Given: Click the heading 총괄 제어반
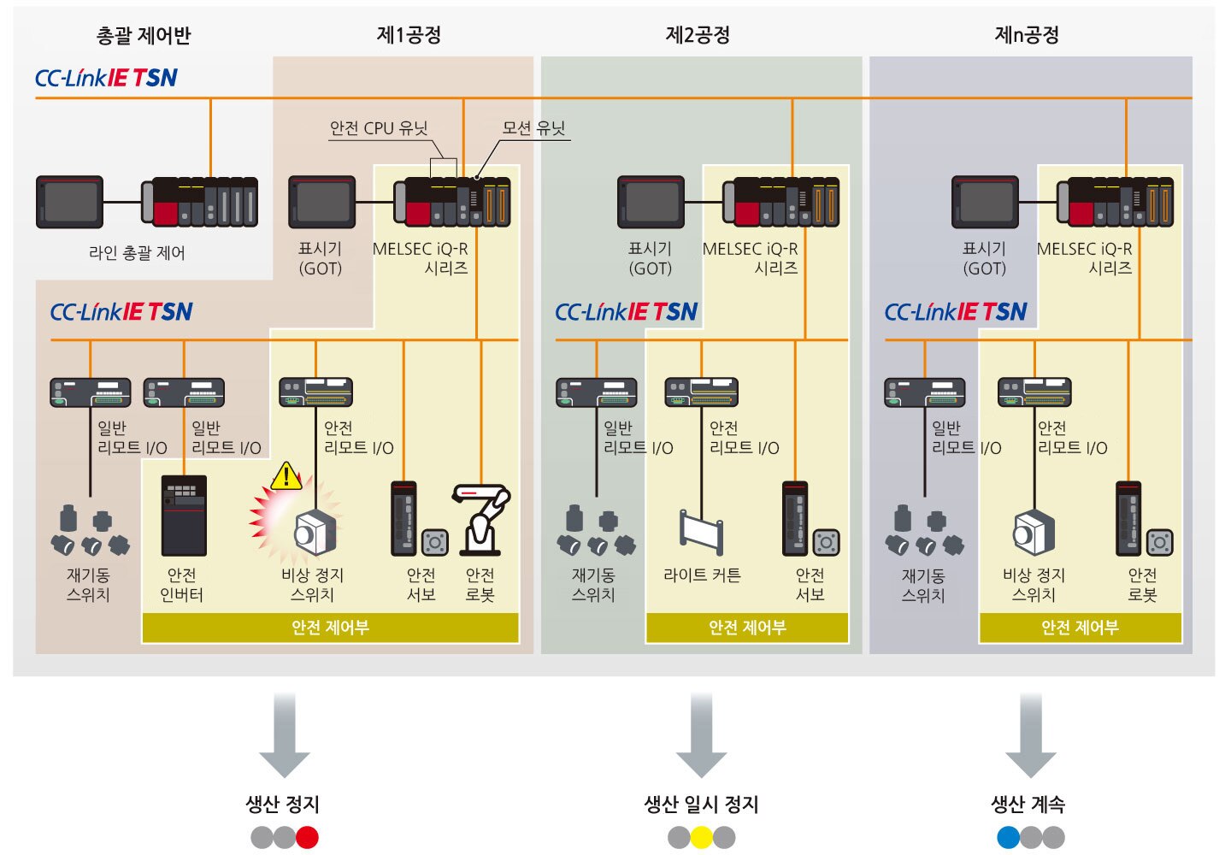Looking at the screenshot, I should tap(144, 36).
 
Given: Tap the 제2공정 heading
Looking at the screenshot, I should tap(698, 35).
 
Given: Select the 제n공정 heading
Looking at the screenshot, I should tap(1027, 35).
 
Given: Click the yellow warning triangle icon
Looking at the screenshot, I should tap(286, 476).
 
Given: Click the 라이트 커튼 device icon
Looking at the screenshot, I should tap(701, 532).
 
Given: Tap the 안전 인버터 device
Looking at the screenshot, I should tap(184, 516).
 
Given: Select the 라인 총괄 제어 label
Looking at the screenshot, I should tap(137, 253).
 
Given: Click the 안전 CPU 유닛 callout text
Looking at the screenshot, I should tap(379, 128).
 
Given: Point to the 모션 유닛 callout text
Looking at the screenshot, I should tap(534, 128).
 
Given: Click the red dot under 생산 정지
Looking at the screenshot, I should tap(307, 837).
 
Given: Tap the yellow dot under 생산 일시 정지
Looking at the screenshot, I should tap(701, 837).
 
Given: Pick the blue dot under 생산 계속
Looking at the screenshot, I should tap(1008, 837).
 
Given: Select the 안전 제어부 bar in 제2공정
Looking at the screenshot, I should tap(747, 628).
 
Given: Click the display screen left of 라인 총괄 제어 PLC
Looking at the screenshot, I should tap(69, 202).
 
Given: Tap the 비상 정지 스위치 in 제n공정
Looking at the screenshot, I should tap(1034, 534).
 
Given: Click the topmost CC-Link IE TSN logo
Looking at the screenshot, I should tap(106, 78).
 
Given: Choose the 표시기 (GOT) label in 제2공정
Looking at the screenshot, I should tap(651, 258).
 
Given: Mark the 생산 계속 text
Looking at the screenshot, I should tap(1028, 804).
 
